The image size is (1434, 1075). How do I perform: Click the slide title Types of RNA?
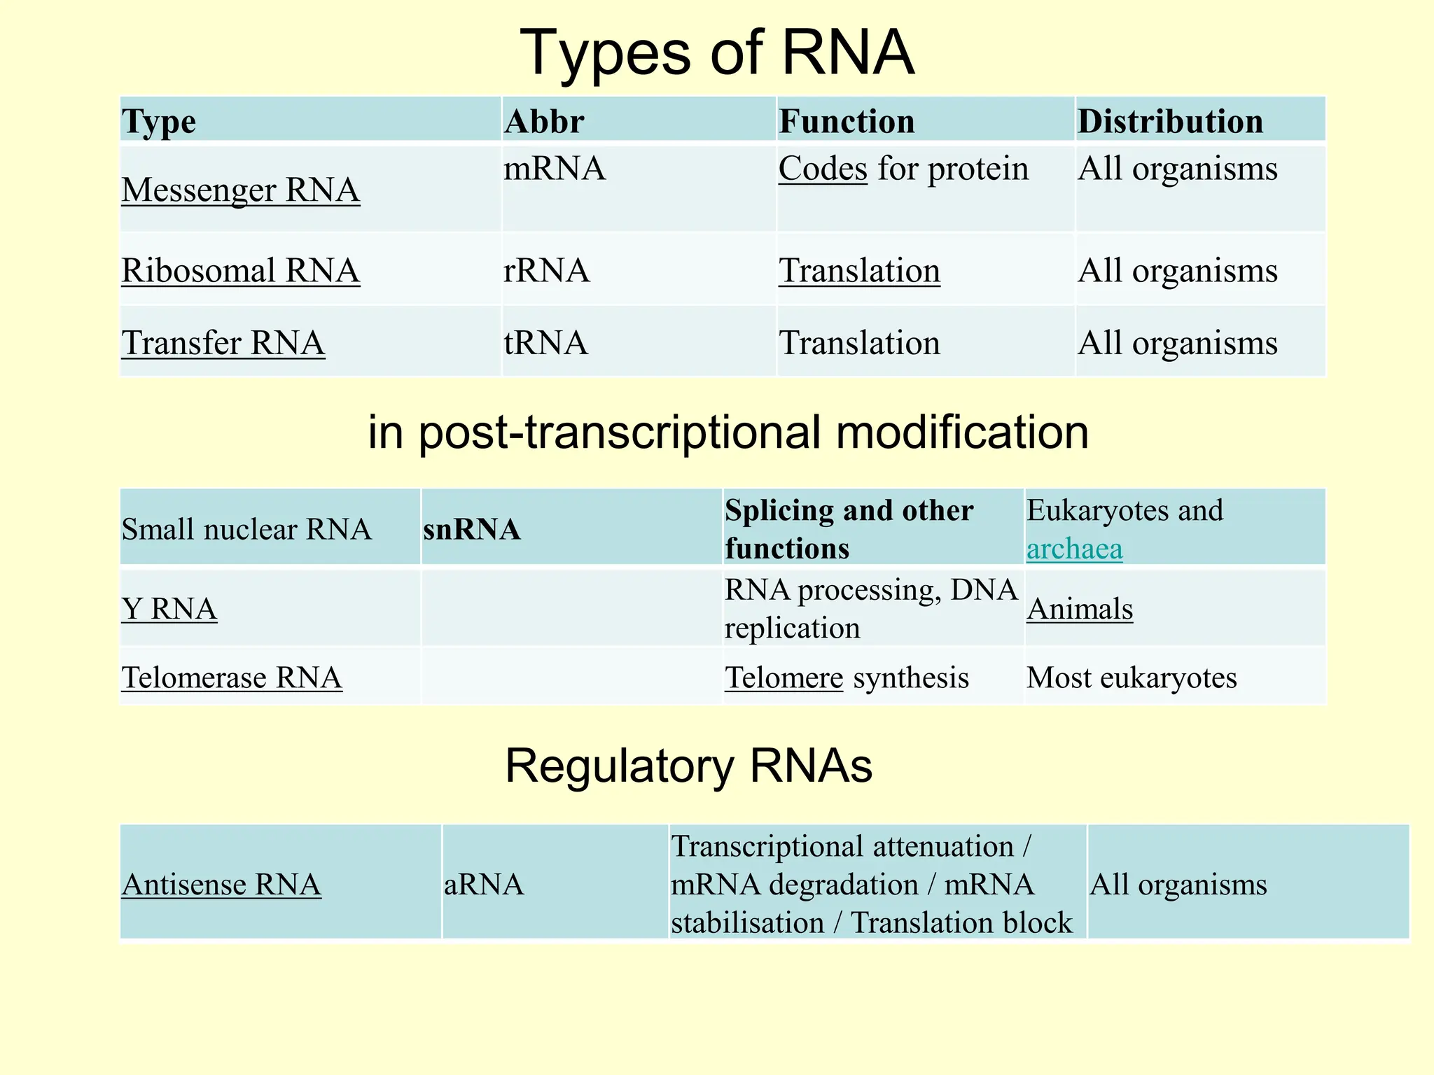tap(717, 53)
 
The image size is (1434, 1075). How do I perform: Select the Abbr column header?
tap(544, 122)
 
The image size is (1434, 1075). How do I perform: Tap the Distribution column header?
tap(1170, 122)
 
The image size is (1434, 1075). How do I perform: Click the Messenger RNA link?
tap(241, 190)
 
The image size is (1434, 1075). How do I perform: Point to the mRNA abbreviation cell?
tap(555, 169)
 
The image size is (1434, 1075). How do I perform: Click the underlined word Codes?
tap(823, 169)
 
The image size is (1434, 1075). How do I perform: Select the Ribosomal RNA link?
tap(241, 271)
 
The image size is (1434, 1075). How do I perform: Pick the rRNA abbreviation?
tap(546, 271)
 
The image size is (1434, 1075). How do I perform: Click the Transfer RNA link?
tap(223, 343)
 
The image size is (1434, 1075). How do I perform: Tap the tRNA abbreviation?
tap(545, 343)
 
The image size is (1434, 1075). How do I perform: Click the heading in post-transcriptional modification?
tap(728, 432)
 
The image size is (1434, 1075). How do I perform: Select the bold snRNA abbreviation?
tap(472, 529)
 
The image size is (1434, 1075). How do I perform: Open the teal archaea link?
tap(1074, 549)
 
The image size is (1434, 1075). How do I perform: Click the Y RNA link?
tap(169, 609)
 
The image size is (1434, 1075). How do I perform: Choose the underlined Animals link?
tap(1080, 609)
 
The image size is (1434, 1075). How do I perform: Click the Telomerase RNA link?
tap(232, 677)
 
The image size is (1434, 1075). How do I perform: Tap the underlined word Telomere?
tap(784, 677)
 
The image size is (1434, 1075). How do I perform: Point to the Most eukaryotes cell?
tap(1132, 677)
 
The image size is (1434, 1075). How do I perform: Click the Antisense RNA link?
tap(221, 885)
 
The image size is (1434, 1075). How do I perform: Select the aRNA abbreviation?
tap(484, 885)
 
